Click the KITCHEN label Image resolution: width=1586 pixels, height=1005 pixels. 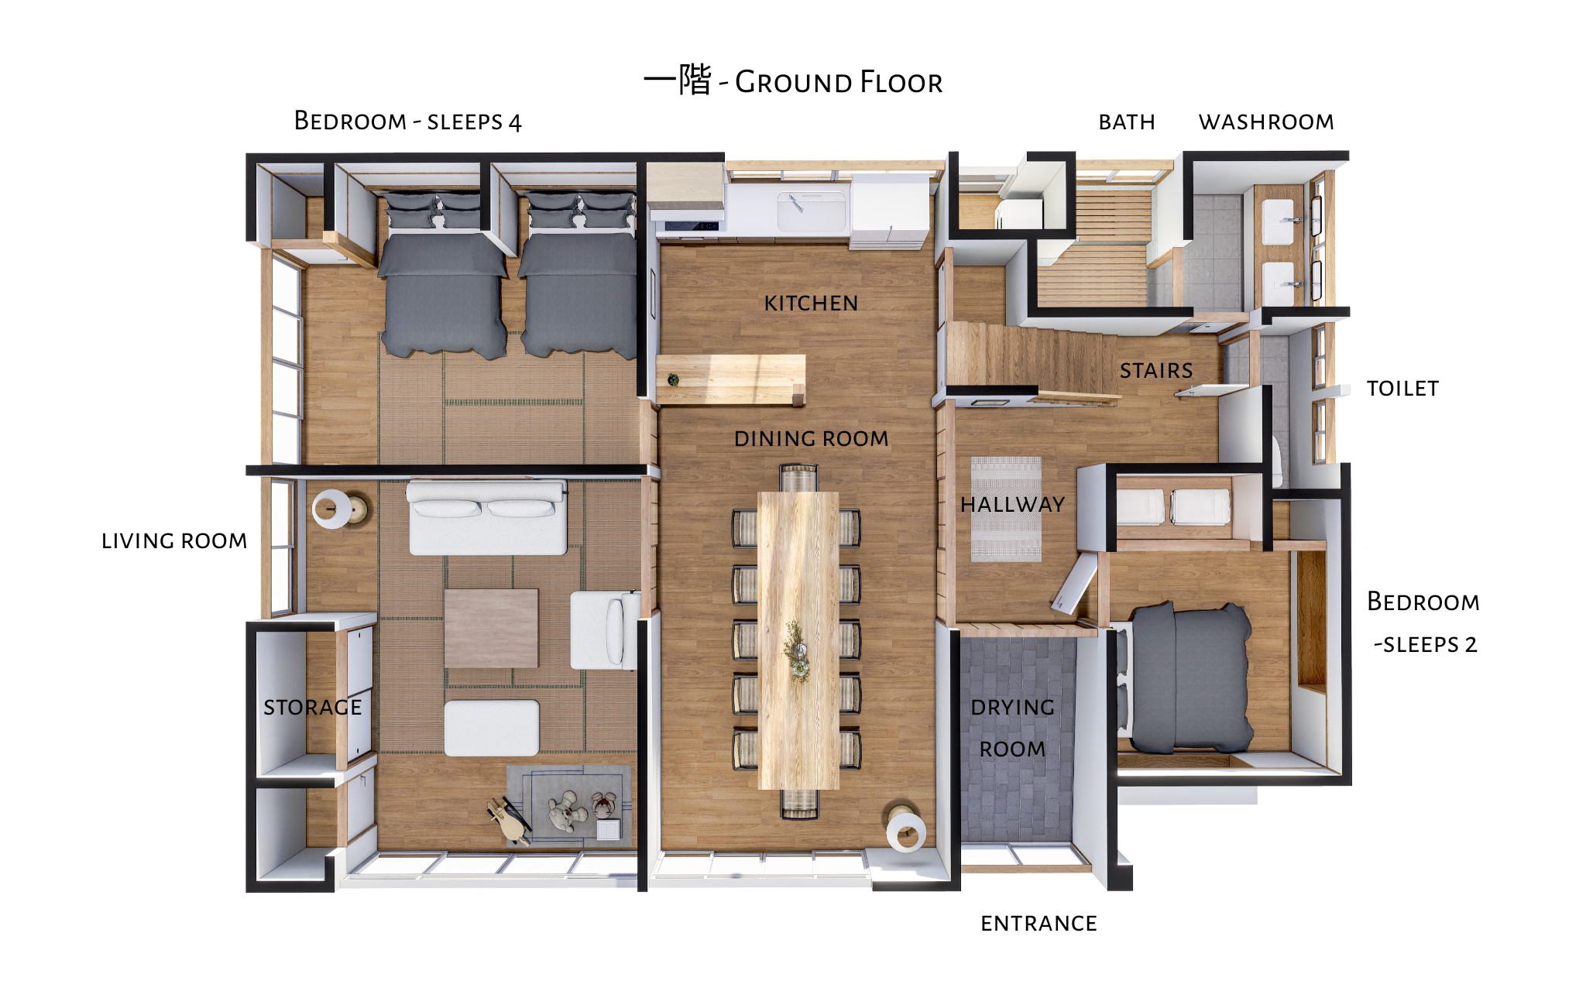pos(811,303)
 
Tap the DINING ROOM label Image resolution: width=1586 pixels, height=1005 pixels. pos(811,438)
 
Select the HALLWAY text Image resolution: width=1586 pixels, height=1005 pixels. pos(1012,504)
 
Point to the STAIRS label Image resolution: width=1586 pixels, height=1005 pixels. pos(1156,370)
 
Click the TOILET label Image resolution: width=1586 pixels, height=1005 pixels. pos(1402,388)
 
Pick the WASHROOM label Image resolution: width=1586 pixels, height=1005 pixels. pos(1266,122)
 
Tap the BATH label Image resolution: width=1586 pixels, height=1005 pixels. pos(1127,122)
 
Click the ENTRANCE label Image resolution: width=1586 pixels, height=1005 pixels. pos(1038,923)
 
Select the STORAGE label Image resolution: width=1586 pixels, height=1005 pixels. pos(312,707)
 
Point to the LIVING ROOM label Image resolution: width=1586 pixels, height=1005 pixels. pos(174,540)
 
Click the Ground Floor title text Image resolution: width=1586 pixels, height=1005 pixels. pos(793,80)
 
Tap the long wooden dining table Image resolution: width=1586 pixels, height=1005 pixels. pos(798,640)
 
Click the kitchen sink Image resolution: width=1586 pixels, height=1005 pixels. pos(812,210)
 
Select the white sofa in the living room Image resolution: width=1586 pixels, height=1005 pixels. pos(487,517)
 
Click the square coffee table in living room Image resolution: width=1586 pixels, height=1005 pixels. pos(491,628)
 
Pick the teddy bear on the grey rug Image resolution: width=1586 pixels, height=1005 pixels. pos(568,811)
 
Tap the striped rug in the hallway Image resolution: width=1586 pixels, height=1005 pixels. pos(1006,509)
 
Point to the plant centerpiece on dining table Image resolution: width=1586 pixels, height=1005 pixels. pos(796,650)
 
